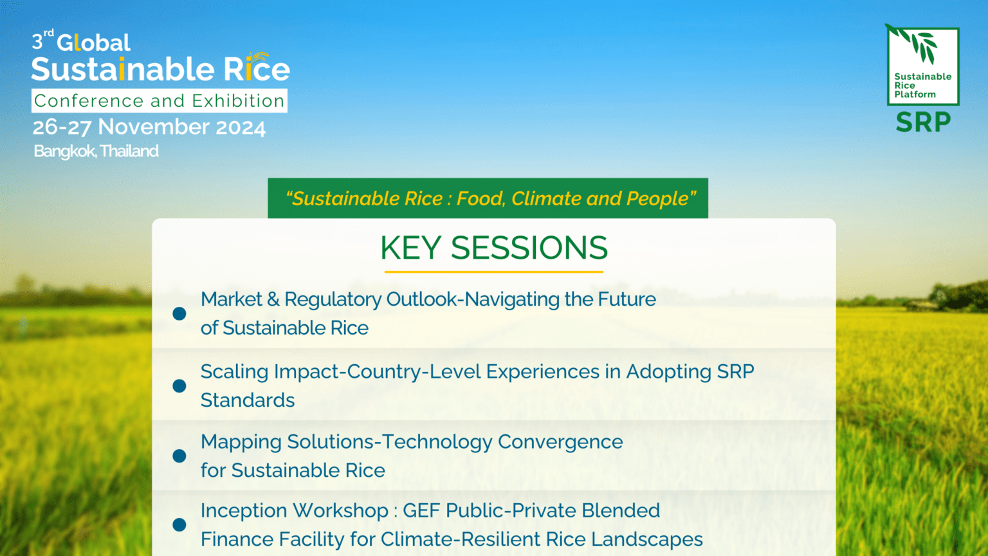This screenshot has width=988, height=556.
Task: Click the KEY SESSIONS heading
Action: pos(493,248)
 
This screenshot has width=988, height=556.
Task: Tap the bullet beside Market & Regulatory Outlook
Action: pos(179,313)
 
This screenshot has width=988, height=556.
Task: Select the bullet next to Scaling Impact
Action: pos(179,385)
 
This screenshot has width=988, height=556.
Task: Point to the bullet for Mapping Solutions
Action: pos(179,456)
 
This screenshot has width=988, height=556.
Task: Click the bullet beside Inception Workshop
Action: pos(179,524)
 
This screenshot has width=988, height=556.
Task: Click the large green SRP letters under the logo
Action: pos(923,122)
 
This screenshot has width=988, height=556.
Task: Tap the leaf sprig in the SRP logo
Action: pos(920,45)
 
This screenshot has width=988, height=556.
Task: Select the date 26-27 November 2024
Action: pos(149,127)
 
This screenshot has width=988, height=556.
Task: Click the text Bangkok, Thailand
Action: pos(96,151)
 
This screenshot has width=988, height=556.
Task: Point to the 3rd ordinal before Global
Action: pos(42,41)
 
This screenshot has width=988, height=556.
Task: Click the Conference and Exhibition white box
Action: pos(160,101)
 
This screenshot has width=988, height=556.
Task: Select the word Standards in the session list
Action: pos(248,400)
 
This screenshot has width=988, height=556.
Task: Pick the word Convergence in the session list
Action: pos(560,442)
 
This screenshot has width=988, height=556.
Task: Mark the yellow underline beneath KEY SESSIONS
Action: pos(493,272)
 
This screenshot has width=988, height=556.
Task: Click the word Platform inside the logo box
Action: pos(915,94)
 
